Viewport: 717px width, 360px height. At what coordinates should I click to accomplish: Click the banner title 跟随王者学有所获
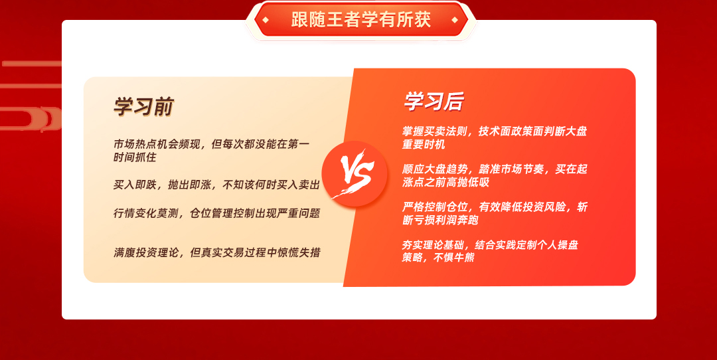(360, 20)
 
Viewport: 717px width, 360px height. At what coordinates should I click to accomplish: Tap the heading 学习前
(143, 106)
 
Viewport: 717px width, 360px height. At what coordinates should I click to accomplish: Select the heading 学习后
(434, 101)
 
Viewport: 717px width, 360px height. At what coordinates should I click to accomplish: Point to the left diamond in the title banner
(265, 20)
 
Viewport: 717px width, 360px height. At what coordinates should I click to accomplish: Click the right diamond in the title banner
(455, 20)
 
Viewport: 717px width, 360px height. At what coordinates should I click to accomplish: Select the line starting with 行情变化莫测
(216, 213)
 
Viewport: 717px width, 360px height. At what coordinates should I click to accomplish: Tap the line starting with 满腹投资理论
(216, 252)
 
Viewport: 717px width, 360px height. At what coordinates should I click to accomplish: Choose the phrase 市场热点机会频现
(157, 144)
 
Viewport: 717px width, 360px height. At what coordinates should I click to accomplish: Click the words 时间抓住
(135, 157)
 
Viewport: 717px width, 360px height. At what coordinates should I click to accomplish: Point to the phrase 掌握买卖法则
(434, 132)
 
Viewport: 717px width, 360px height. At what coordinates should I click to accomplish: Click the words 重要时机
(424, 145)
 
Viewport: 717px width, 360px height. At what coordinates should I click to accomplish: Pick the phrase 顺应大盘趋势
(434, 169)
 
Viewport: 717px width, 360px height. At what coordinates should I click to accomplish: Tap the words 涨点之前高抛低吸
(445, 182)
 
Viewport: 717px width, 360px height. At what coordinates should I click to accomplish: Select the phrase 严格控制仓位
(434, 207)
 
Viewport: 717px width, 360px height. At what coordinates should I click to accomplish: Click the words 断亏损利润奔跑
(440, 220)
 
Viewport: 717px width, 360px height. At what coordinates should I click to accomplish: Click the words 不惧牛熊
(453, 258)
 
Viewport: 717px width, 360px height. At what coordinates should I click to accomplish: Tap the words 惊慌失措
(299, 252)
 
